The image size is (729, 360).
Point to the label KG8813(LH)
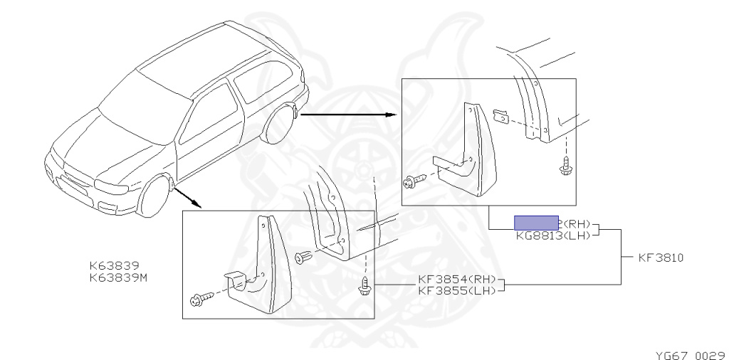pos(555,235)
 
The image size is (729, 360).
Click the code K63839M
pos(118,277)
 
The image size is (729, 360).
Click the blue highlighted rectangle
pos(537,223)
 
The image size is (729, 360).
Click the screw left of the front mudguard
pos(199,299)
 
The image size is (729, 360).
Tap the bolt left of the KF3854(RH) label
pos(364,287)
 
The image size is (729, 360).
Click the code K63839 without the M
pos(114,266)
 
